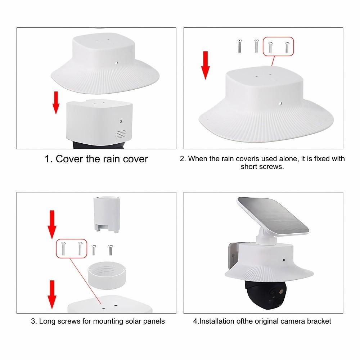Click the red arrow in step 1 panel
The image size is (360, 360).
point(56,103)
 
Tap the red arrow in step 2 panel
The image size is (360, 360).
point(206,65)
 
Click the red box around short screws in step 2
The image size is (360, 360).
point(279,46)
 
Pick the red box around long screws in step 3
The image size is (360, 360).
point(72,249)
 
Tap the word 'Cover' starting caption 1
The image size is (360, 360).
point(70,159)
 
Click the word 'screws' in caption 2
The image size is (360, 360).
point(262,167)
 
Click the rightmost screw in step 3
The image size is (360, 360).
point(110,249)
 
